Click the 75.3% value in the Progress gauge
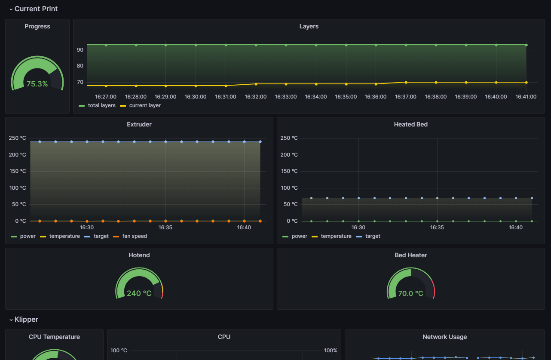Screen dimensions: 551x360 click(x=37, y=84)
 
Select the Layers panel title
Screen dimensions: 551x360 click(x=309, y=26)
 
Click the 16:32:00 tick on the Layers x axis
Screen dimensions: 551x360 click(x=256, y=97)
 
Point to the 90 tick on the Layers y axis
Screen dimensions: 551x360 click(x=80, y=50)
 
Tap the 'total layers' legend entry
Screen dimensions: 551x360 click(x=97, y=105)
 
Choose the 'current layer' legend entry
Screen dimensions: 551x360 click(x=140, y=105)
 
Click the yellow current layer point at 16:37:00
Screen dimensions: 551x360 click(x=406, y=83)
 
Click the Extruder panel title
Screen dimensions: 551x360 click(x=139, y=124)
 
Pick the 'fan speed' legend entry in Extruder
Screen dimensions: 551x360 click(x=130, y=236)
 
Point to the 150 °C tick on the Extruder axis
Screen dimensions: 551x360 click(x=18, y=171)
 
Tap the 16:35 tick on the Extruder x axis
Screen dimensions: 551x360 click(x=165, y=228)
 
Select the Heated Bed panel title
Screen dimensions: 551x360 click(x=411, y=124)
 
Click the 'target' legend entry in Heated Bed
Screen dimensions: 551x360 click(x=368, y=236)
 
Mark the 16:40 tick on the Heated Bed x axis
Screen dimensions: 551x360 click(x=516, y=228)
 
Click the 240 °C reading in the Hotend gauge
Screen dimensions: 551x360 click(x=139, y=293)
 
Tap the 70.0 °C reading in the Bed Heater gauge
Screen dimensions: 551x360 click(x=411, y=293)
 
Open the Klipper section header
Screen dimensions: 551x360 click(x=26, y=320)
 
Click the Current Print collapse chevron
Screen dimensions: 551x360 click(x=11, y=9)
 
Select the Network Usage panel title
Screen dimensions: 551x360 click(x=445, y=337)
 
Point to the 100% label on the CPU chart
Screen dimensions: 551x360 click(x=331, y=351)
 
